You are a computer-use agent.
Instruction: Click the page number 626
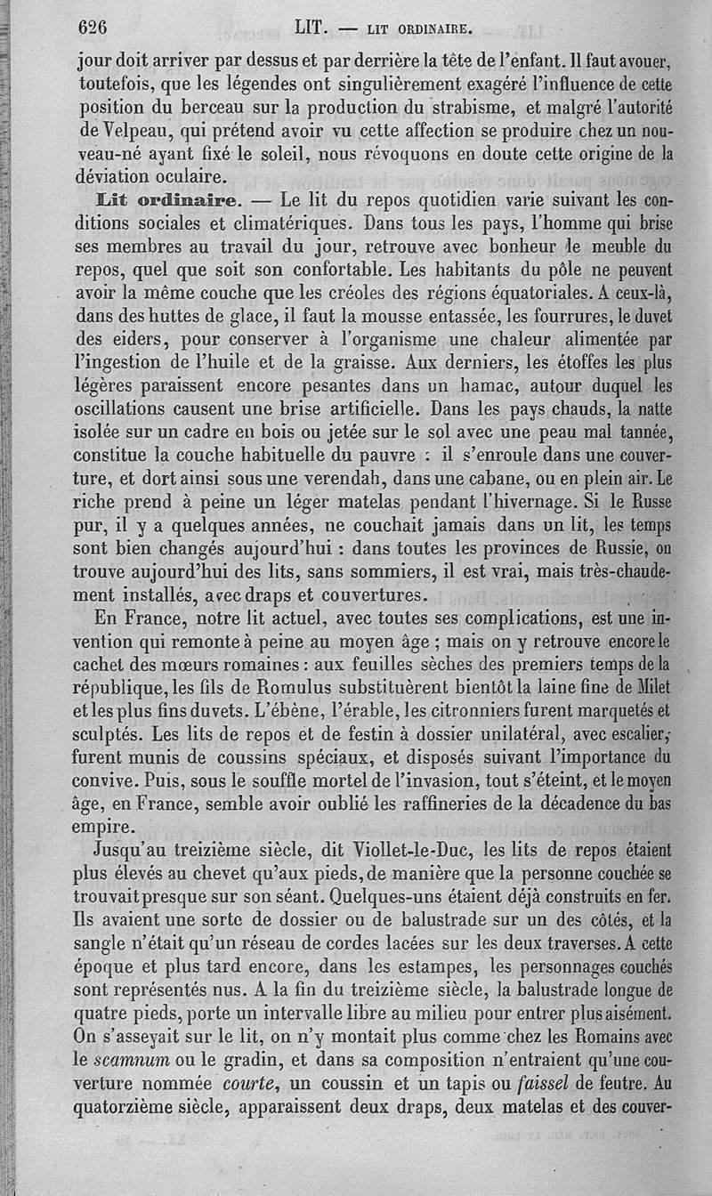[93, 28]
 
